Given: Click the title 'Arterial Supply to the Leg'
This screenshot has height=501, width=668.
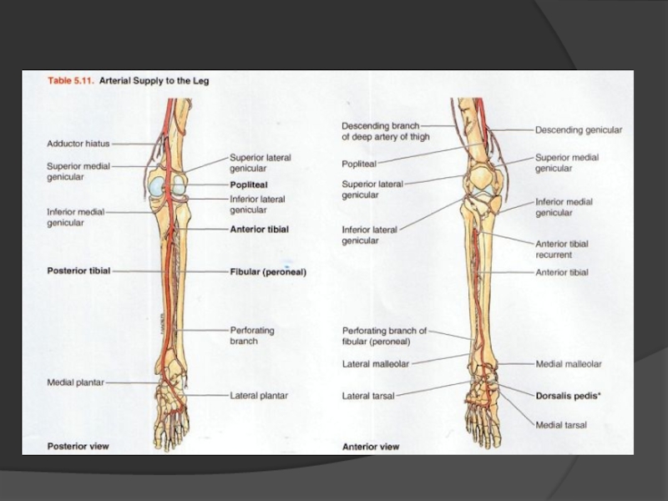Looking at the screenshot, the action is click(154, 82).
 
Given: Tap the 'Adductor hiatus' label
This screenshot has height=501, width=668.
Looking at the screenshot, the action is click(78, 144).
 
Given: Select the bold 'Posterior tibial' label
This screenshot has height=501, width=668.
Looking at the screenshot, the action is click(78, 271).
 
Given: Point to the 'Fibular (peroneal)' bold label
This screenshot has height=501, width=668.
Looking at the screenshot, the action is click(268, 271).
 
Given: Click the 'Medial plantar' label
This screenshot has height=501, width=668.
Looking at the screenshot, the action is click(75, 382).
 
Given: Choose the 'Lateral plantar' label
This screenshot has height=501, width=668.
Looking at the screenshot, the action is click(259, 395).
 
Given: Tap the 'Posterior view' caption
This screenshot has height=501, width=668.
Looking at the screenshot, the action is click(78, 446).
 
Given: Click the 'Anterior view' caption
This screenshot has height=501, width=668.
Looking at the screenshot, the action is click(371, 447).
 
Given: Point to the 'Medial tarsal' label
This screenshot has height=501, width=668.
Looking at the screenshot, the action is click(561, 425).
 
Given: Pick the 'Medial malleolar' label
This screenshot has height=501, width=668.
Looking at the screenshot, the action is click(569, 364).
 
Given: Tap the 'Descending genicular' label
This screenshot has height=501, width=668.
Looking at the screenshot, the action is click(579, 130).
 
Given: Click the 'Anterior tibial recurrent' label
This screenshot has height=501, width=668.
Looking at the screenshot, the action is click(562, 249).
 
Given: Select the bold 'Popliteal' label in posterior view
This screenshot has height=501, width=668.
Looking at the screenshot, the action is click(249, 185).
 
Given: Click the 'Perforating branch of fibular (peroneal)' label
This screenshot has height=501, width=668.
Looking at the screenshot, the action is click(384, 336).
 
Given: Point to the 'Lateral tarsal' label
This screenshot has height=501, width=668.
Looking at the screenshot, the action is click(368, 395).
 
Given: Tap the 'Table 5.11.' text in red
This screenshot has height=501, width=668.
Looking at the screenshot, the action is click(70, 82).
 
